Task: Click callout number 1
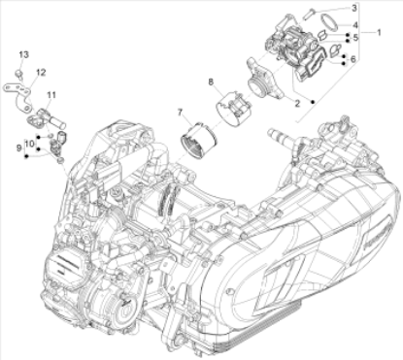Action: (379, 32)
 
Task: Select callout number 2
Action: (297, 104)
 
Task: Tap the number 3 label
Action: (354, 8)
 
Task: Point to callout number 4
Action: (355, 25)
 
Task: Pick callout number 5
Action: (355, 38)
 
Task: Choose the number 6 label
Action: (353, 59)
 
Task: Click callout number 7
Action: (180, 113)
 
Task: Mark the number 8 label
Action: (211, 82)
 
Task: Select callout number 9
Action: (18, 148)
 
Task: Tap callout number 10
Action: (29, 144)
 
